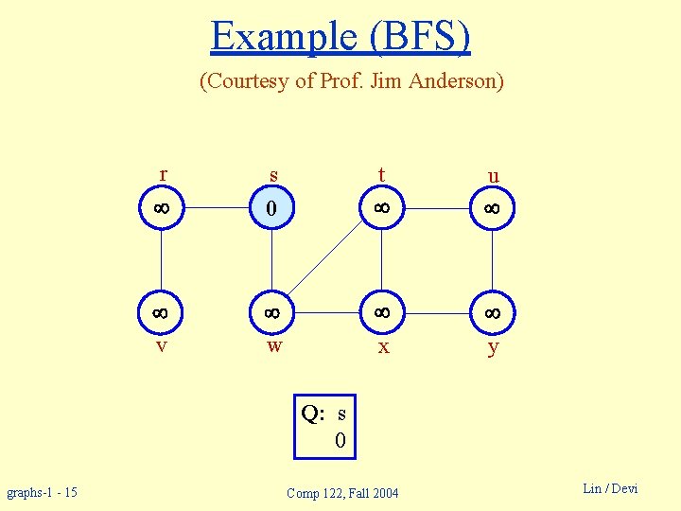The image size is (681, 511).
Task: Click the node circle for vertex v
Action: (162, 311)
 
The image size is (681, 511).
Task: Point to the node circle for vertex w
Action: (272, 311)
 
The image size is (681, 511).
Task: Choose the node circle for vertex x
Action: (382, 311)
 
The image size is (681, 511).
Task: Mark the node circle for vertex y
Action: (493, 311)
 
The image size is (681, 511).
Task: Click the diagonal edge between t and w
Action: (327, 259)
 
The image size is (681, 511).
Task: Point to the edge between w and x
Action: (327, 311)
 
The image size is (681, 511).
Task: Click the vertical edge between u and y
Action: (493, 259)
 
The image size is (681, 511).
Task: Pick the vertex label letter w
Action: (274, 346)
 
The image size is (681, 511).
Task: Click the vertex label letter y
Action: (493, 348)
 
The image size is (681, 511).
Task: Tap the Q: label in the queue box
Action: (313, 414)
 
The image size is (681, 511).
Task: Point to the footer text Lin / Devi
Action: (610, 488)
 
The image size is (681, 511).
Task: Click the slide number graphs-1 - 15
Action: (43, 492)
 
